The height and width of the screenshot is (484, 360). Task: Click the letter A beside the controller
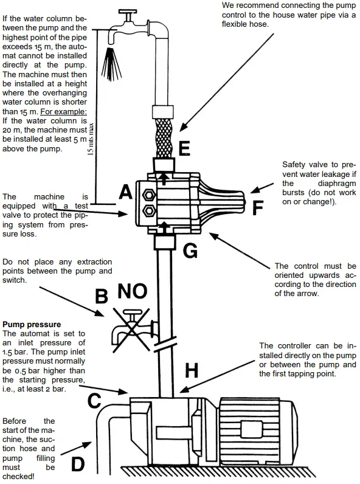click(126, 192)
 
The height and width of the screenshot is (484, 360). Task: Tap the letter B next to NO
click(102, 296)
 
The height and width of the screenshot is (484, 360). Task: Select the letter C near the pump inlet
click(94, 400)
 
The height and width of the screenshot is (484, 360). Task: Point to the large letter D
click(77, 464)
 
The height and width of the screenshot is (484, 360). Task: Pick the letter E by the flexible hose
click(184, 148)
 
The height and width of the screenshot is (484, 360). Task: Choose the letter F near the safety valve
click(257, 208)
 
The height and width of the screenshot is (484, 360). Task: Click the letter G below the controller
click(190, 251)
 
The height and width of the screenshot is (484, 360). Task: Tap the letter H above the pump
click(192, 370)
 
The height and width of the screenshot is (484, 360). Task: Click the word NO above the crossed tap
click(132, 291)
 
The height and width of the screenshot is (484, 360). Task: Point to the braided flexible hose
click(164, 137)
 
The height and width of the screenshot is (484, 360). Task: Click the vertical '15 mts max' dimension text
click(91, 139)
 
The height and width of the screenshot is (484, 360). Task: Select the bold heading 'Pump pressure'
click(32, 325)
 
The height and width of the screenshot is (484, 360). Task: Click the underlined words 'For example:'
click(64, 111)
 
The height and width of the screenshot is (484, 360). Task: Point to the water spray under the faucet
click(111, 64)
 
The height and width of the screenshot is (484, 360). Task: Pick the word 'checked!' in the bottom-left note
click(18, 476)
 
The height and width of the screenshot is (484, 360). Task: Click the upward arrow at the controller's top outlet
click(164, 178)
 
